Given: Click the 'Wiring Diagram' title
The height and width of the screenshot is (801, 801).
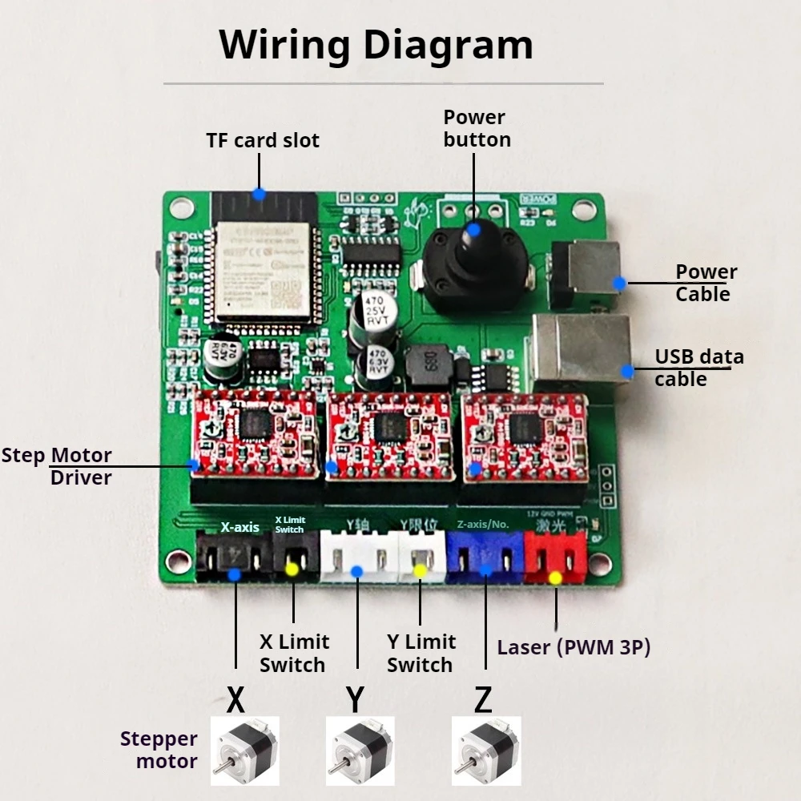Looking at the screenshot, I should point(376,45).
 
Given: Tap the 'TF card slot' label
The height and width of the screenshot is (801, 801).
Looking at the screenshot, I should point(263,140).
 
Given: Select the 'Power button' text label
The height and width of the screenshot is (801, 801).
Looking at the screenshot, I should point(477,128).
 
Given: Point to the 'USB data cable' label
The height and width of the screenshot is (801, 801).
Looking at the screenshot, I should point(698,368).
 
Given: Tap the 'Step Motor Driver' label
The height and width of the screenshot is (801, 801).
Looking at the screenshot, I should point(58,466).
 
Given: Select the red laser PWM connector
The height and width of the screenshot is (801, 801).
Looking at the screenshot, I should point(555,557).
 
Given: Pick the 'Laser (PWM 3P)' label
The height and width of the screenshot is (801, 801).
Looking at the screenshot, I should point(574,647).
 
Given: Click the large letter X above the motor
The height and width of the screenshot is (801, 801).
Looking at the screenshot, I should point(235,699).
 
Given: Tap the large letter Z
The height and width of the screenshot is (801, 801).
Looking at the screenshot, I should point(483,699).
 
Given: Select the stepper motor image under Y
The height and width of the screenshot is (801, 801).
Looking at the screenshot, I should point(359,751).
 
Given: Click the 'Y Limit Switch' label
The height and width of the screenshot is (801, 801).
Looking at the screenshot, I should point(421,653).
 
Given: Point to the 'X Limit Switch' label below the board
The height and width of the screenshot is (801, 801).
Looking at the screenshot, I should point(293,653).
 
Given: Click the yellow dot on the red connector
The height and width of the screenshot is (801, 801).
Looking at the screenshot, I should point(555,578).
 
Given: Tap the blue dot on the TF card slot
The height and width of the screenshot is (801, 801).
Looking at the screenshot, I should point(258,194).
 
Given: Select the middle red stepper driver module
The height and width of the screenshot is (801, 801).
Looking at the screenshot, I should point(391,437).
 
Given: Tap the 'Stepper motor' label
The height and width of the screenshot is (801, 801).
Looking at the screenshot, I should point(159,750).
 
